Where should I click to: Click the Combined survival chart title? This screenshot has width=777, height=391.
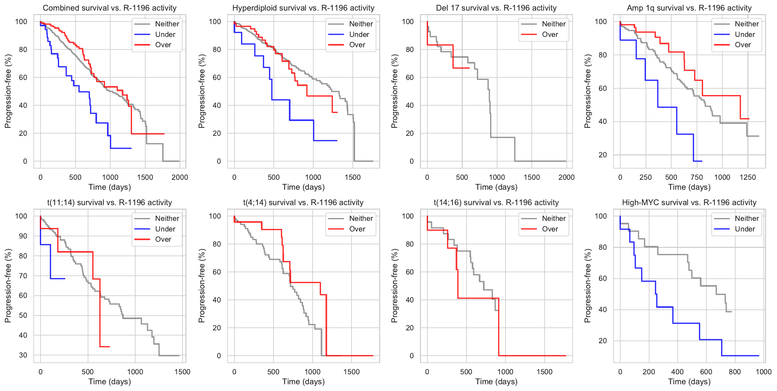click(x=110, y=8)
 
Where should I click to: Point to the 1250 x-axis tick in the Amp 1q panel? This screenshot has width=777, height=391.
click(x=747, y=177)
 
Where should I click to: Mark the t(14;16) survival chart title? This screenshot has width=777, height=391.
click(x=496, y=203)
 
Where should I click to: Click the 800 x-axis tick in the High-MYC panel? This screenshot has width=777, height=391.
click(x=735, y=372)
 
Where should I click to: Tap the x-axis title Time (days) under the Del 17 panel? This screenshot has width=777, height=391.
click(x=496, y=187)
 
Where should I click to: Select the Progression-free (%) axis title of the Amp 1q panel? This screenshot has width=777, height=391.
click(x=587, y=91)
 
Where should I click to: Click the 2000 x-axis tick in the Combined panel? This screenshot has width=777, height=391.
click(x=180, y=177)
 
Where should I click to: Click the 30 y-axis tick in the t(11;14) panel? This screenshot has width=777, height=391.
click(x=23, y=355)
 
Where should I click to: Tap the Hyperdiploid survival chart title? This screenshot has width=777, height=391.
click(x=303, y=8)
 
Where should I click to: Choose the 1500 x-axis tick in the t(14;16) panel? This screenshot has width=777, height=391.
click(x=544, y=372)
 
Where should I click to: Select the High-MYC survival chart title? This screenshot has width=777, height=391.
click(x=689, y=203)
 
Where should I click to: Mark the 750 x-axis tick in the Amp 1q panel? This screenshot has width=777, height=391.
click(x=696, y=177)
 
